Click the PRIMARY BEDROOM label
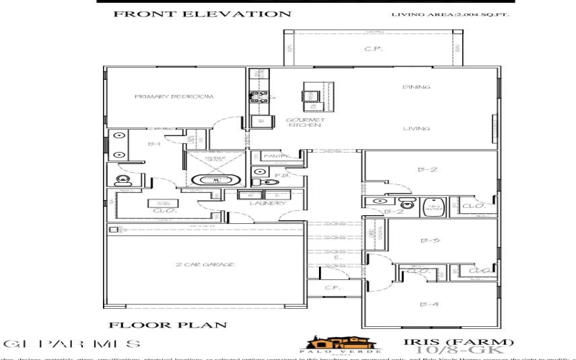click(x=174, y=96)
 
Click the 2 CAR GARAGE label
click(x=205, y=266)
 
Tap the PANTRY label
click(x=276, y=156)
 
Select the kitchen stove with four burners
click(x=259, y=95)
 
